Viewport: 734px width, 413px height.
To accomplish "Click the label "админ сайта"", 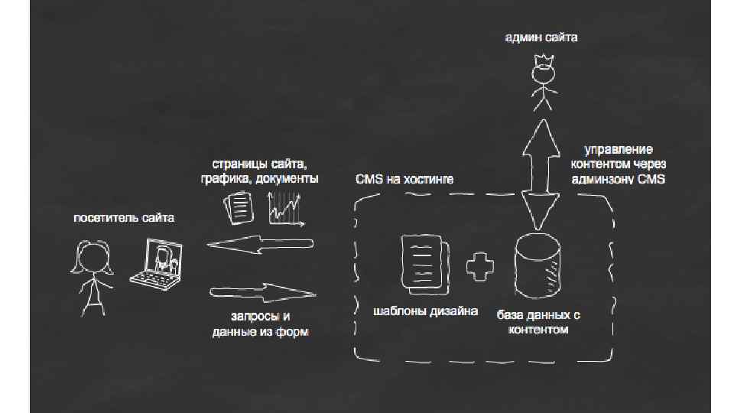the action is coord(541,37).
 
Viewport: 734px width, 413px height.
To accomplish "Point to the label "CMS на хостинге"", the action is coord(404,180).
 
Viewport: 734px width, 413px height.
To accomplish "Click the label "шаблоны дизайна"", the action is coord(425,311).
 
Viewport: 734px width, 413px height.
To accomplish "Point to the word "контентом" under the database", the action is coord(538,329).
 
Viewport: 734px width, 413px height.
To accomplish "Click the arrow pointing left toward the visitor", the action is coord(261,245).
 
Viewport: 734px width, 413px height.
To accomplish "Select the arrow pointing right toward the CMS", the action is coord(263,292).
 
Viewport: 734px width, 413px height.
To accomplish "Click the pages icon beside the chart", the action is coord(239,206).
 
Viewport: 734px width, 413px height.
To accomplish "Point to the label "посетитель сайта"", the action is coord(124,218).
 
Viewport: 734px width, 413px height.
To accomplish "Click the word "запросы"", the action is coord(251,316).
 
